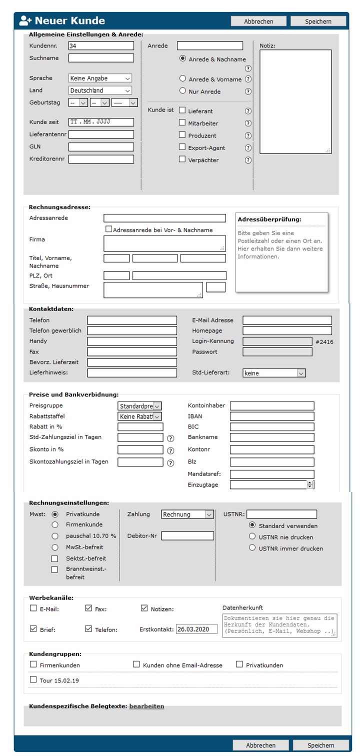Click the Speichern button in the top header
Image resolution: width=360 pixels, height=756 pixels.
pos(318,21)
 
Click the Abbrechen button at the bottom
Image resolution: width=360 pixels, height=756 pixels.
pos(260,745)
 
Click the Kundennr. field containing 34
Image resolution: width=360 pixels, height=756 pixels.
pos(101,45)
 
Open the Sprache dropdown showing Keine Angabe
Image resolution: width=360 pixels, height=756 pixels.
pos(100,78)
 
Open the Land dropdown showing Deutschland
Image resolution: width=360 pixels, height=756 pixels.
pos(100,90)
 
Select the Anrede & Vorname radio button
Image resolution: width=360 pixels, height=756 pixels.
pos(182,79)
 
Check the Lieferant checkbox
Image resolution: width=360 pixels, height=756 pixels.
pos(182,110)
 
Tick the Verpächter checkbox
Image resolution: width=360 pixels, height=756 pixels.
pos(182,159)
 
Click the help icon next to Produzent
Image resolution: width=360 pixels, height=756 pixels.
pos(248,135)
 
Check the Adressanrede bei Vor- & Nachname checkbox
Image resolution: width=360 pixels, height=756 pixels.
pos(108,229)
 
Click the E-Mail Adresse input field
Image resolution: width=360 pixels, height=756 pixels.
pos(287,320)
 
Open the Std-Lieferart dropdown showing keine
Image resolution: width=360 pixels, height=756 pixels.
pos(273,373)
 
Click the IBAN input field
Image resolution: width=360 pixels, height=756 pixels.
pos(272,416)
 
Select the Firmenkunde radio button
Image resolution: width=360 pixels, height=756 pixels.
pos(55,524)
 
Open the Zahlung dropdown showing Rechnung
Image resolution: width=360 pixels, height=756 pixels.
pos(187,514)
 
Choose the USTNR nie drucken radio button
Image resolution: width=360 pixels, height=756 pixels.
pos(252,536)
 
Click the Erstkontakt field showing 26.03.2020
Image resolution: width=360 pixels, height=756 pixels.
pos(196,629)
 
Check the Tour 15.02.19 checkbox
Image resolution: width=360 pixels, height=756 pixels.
pos(33,679)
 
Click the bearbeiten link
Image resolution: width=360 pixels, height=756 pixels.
pos(146,706)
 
